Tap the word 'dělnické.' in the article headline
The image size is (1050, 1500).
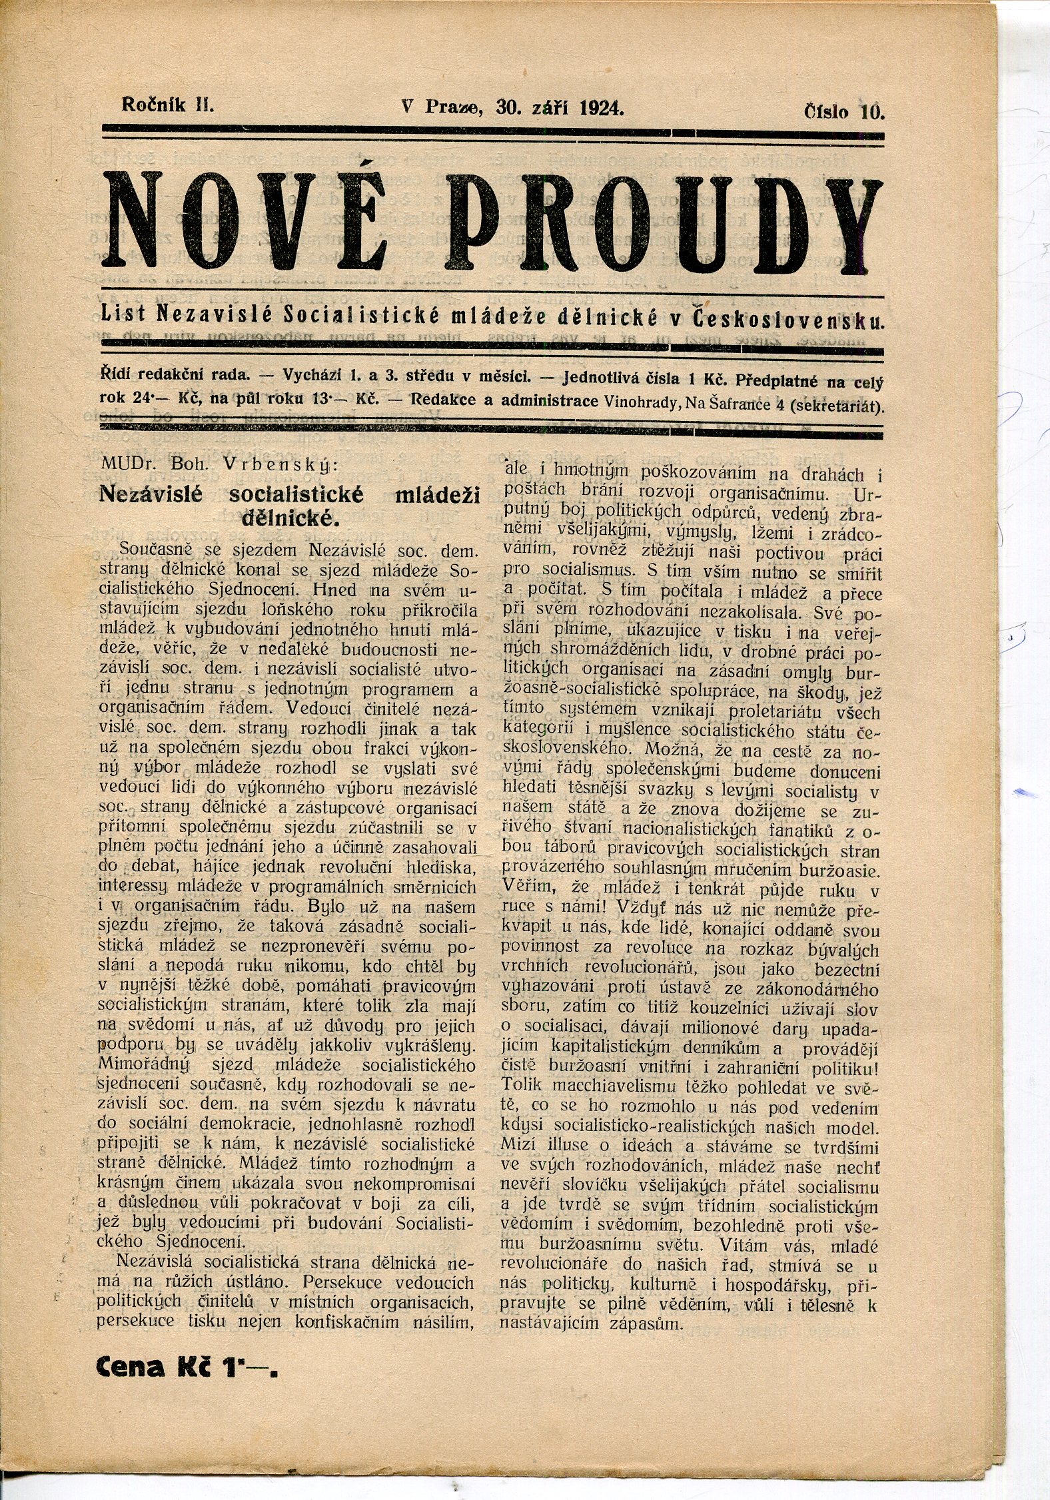click(290, 519)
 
